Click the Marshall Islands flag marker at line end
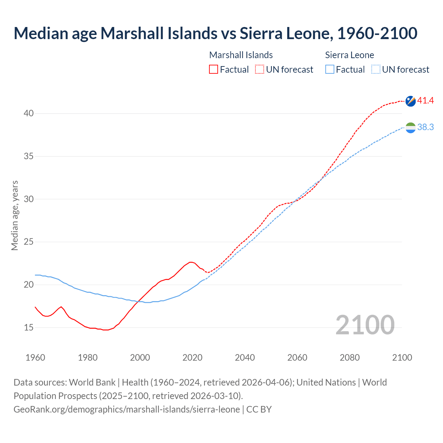pos(410,101)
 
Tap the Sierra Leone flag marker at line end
pos(410,128)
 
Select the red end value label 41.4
pos(425,101)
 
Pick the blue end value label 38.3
pos(425,127)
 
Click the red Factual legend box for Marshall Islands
pos(214,69)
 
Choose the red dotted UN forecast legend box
pos(260,69)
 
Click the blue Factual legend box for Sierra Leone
pos(330,69)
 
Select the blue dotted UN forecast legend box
pos(376,69)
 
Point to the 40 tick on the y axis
pos(29,114)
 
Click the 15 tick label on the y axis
pos(29,327)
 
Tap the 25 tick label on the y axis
pos(29,242)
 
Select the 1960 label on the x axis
pos(35,358)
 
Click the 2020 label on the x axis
pos(192,358)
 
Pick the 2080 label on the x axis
pos(350,358)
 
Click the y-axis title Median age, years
pos(15,215)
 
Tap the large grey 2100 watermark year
pos(365,325)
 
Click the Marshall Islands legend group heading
pos(241,55)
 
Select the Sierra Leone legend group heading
pos(350,55)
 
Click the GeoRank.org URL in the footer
pos(127,409)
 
